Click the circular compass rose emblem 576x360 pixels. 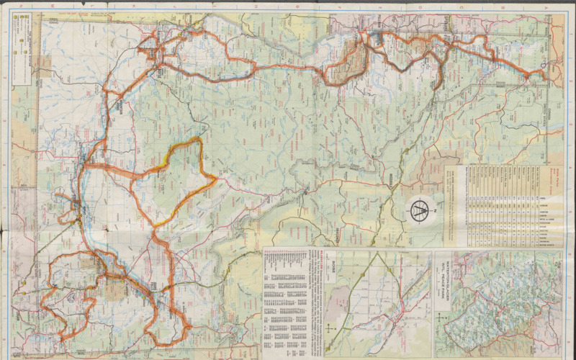(420, 210)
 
